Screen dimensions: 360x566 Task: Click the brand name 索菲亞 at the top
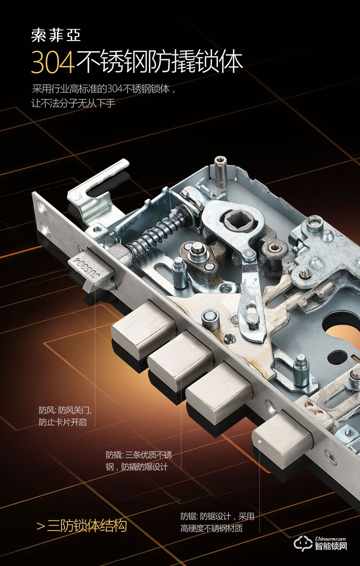pos(56,36)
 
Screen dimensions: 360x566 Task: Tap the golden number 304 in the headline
pos(53,62)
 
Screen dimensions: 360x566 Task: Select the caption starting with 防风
pos(65,416)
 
